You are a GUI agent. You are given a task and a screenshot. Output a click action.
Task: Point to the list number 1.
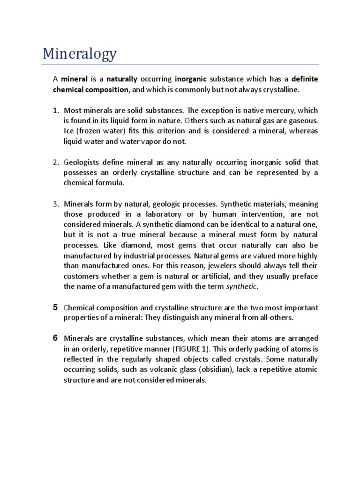click(x=55, y=111)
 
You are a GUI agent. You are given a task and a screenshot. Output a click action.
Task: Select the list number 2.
click(x=55, y=163)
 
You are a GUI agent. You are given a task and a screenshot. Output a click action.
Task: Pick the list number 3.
click(x=55, y=204)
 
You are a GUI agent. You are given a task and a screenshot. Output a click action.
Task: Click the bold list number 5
click(x=55, y=307)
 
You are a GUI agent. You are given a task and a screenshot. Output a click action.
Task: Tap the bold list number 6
click(x=55, y=338)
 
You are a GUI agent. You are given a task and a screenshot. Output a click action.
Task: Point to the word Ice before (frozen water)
click(x=69, y=131)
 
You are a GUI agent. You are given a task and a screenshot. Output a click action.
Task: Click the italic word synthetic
click(x=242, y=286)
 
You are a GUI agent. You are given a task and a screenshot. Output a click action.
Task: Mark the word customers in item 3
click(x=81, y=276)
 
